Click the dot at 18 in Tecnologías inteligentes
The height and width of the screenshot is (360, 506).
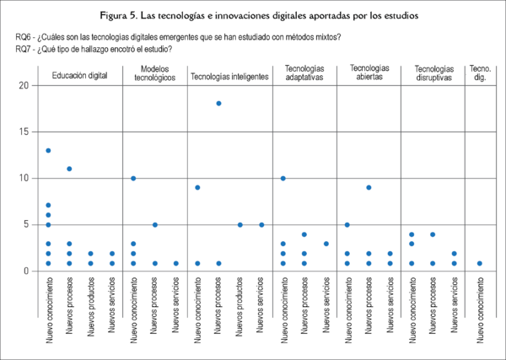click(x=218, y=104)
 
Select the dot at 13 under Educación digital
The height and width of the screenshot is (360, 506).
click(x=48, y=150)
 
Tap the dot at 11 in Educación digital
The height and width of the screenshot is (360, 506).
click(x=69, y=169)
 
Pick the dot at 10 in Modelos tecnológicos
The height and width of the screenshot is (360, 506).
click(x=133, y=178)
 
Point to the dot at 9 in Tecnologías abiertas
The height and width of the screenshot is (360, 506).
click(x=369, y=187)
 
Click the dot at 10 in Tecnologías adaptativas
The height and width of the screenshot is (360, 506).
click(x=283, y=178)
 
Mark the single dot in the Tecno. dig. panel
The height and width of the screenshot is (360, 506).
click(x=480, y=263)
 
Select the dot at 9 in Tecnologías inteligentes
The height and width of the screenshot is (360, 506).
click(x=197, y=187)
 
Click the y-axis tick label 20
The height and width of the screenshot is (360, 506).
click(x=24, y=85)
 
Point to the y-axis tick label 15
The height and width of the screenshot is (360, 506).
click(x=24, y=132)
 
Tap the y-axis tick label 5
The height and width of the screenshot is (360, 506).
click(x=26, y=224)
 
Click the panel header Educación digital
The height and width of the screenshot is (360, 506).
click(x=79, y=76)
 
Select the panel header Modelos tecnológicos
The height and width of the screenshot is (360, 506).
click(x=155, y=73)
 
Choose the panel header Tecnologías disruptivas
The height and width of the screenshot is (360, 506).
click(x=433, y=73)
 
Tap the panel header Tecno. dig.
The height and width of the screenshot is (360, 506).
click(x=480, y=73)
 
